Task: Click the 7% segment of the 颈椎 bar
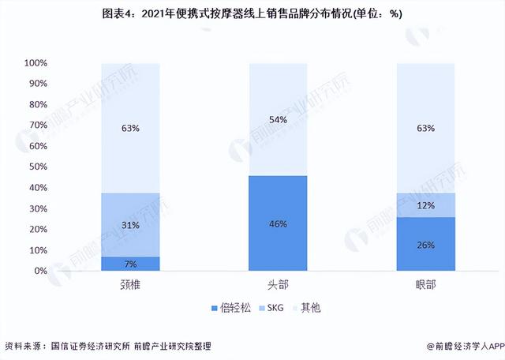click(131, 264)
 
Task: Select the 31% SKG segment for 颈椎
click(131, 225)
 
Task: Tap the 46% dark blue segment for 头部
click(278, 223)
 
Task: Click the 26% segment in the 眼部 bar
click(425, 244)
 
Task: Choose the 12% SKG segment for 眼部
click(425, 205)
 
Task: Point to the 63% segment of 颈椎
click(131, 128)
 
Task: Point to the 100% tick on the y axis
click(36, 63)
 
